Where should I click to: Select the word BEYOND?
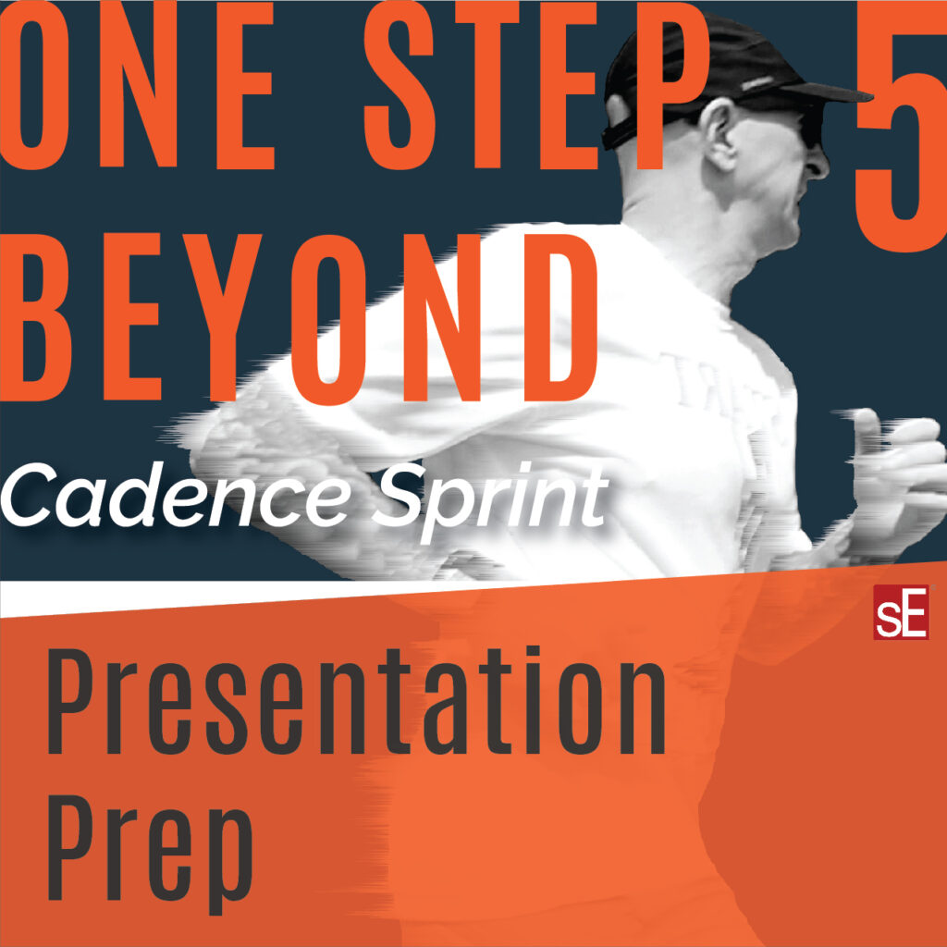(x=299, y=316)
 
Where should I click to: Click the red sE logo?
(x=901, y=612)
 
